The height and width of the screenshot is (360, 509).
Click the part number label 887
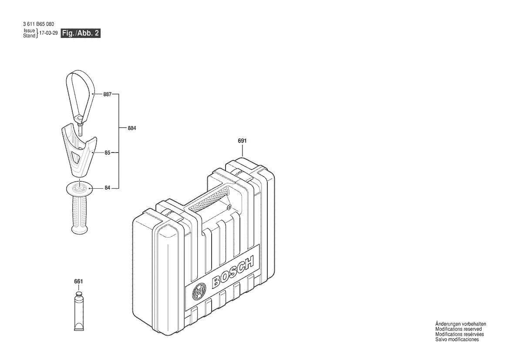click(x=108, y=95)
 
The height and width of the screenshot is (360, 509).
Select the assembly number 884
click(x=132, y=128)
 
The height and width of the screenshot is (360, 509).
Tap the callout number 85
click(x=108, y=153)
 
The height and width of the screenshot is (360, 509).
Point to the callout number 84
click(x=108, y=188)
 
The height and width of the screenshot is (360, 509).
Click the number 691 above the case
click(x=242, y=141)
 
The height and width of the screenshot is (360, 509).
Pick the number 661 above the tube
click(x=78, y=282)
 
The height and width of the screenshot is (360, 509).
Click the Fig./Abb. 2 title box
click(x=81, y=33)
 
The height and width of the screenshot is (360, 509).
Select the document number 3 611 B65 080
click(x=39, y=24)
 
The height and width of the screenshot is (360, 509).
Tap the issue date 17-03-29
click(x=48, y=33)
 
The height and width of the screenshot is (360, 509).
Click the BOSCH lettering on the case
click(x=233, y=272)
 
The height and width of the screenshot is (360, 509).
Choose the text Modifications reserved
click(x=458, y=329)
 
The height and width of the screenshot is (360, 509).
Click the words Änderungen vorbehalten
click(x=461, y=324)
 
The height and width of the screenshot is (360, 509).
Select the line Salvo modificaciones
click(x=457, y=340)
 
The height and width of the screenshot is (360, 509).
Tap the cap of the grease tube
click(x=78, y=294)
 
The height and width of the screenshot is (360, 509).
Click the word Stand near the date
click(x=29, y=36)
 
